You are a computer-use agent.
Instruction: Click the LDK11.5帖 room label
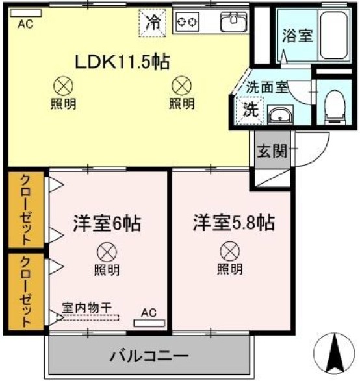coord(123,62)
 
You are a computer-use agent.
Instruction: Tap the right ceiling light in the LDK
coord(182,84)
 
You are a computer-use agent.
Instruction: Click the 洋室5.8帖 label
coord(233,223)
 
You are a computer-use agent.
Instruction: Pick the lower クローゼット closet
coord(26,292)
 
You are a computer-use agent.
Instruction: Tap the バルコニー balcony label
coord(149,356)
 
